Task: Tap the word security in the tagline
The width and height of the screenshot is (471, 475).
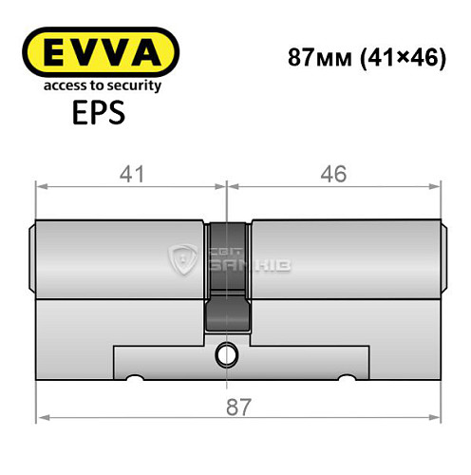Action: (132, 85)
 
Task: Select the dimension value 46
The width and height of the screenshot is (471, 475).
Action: (334, 174)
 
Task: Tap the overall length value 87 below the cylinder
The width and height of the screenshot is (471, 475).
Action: (239, 408)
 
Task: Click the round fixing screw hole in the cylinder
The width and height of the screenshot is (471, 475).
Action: (227, 355)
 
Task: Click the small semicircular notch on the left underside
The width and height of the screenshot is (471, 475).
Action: (135, 382)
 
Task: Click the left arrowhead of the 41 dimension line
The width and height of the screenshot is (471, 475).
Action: (40, 185)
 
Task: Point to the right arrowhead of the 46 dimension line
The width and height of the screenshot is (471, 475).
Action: (439, 185)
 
